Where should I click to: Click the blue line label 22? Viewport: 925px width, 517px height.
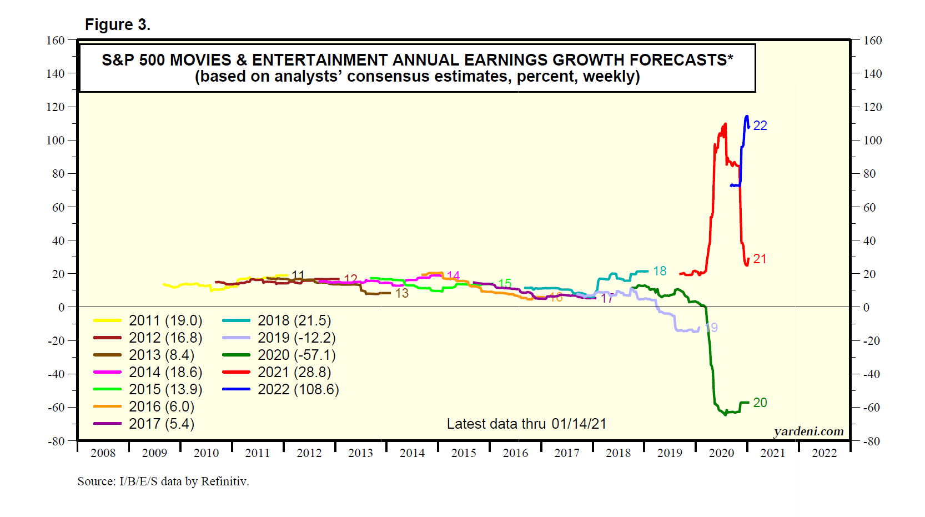click(x=760, y=126)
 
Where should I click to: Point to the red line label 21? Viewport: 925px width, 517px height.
click(x=760, y=259)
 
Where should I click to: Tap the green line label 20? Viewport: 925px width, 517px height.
click(x=760, y=403)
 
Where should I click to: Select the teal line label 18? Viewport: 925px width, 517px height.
click(x=660, y=271)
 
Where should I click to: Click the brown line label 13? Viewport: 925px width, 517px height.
click(x=402, y=293)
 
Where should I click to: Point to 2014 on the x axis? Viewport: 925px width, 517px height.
click(x=412, y=453)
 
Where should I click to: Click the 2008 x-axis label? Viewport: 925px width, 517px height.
click(x=103, y=453)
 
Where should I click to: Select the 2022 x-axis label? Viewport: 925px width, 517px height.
click(x=824, y=453)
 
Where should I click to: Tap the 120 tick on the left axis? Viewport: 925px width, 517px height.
click(x=56, y=107)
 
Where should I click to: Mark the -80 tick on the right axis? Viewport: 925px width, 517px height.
click(x=872, y=441)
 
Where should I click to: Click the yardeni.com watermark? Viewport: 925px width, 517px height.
click(x=808, y=431)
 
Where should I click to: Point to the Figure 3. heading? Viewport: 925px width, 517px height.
click(x=118, y=25)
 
